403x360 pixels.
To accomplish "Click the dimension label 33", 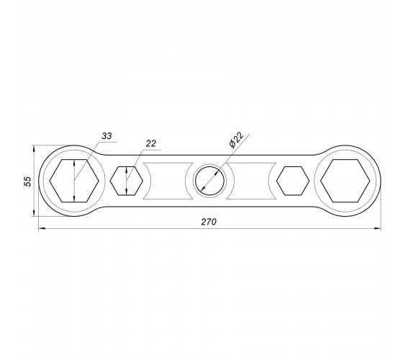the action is [x=107, y=136].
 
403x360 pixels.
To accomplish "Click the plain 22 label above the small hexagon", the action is [x=151, y=143].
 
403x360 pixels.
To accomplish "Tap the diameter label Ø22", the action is [x=236, y=140].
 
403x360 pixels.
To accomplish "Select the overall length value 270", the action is [x=209, y=222].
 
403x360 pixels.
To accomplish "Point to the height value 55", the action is [x=27, y=181].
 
